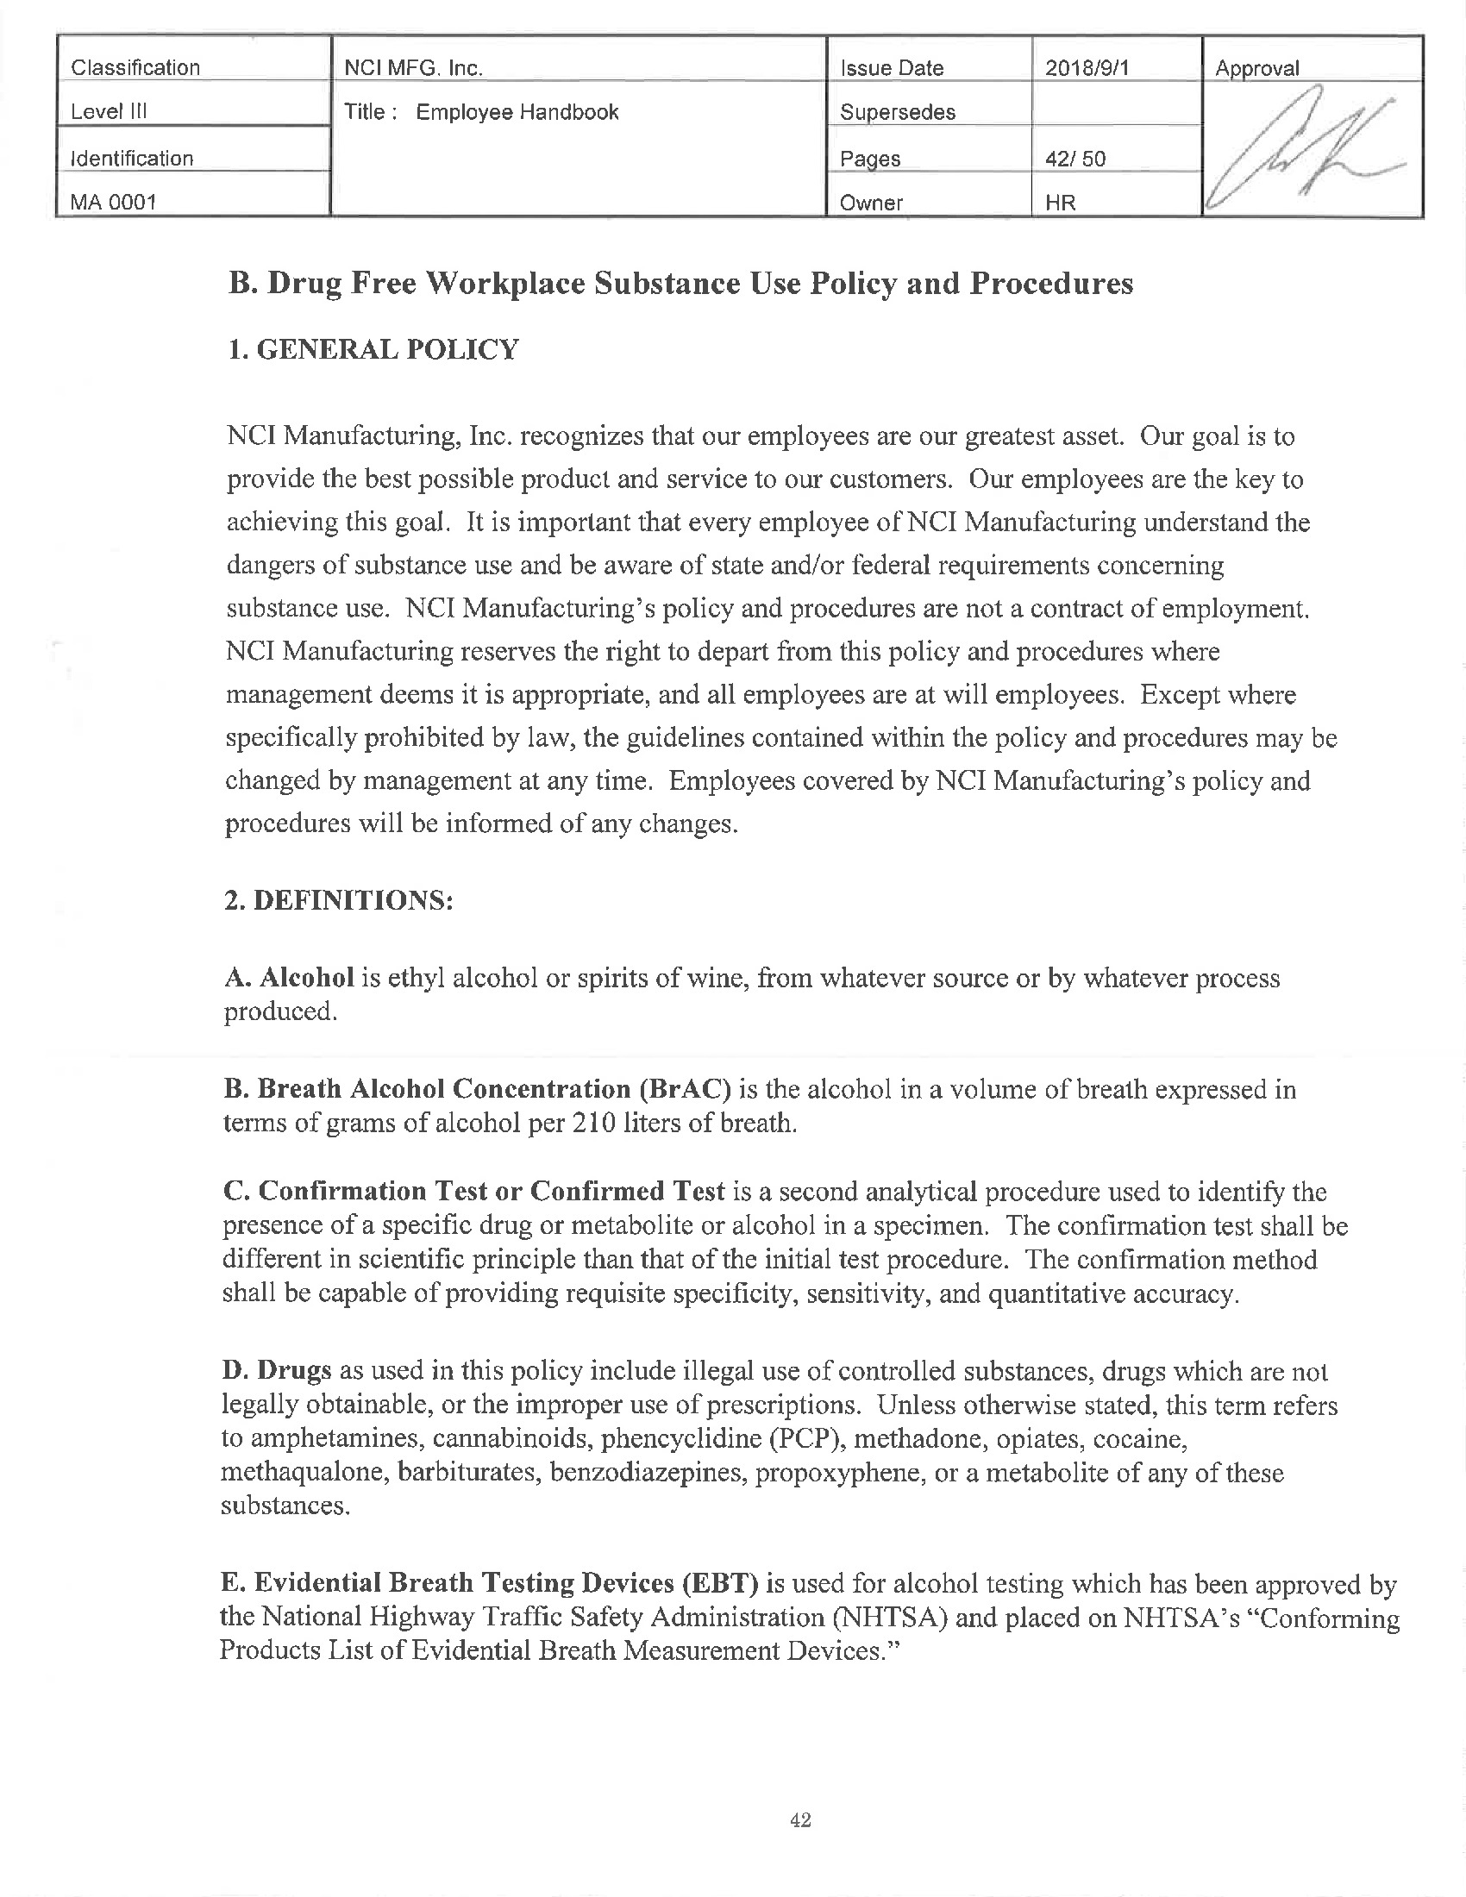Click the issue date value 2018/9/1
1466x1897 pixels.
(1087, 68)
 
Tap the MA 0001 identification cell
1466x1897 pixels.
(114, 203)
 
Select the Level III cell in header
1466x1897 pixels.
(110, 112)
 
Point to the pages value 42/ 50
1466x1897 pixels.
(1075, 158)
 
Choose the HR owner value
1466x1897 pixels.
(1061, 203)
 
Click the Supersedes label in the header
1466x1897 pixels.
(897, 112)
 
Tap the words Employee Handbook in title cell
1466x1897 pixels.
(517, 112)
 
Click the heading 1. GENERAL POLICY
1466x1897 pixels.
(373, 349)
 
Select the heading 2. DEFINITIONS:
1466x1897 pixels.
(339, 900)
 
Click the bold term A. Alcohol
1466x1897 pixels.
(289, 978)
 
